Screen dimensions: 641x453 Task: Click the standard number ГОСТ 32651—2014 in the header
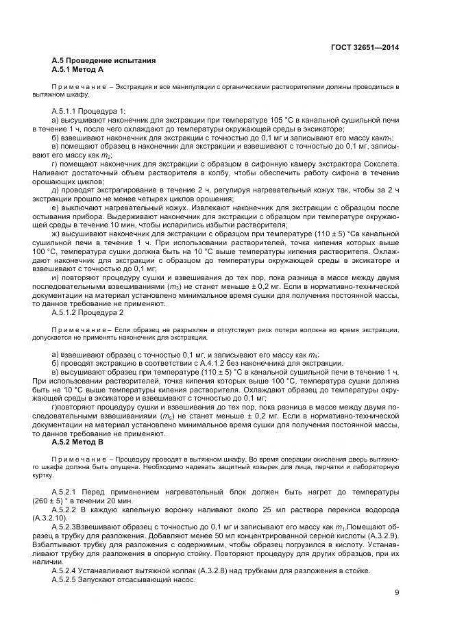[364, 47]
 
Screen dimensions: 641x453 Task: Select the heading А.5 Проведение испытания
[103, 61]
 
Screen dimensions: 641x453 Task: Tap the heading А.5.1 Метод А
[77, 70]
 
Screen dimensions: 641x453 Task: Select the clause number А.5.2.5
[67, 579]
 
